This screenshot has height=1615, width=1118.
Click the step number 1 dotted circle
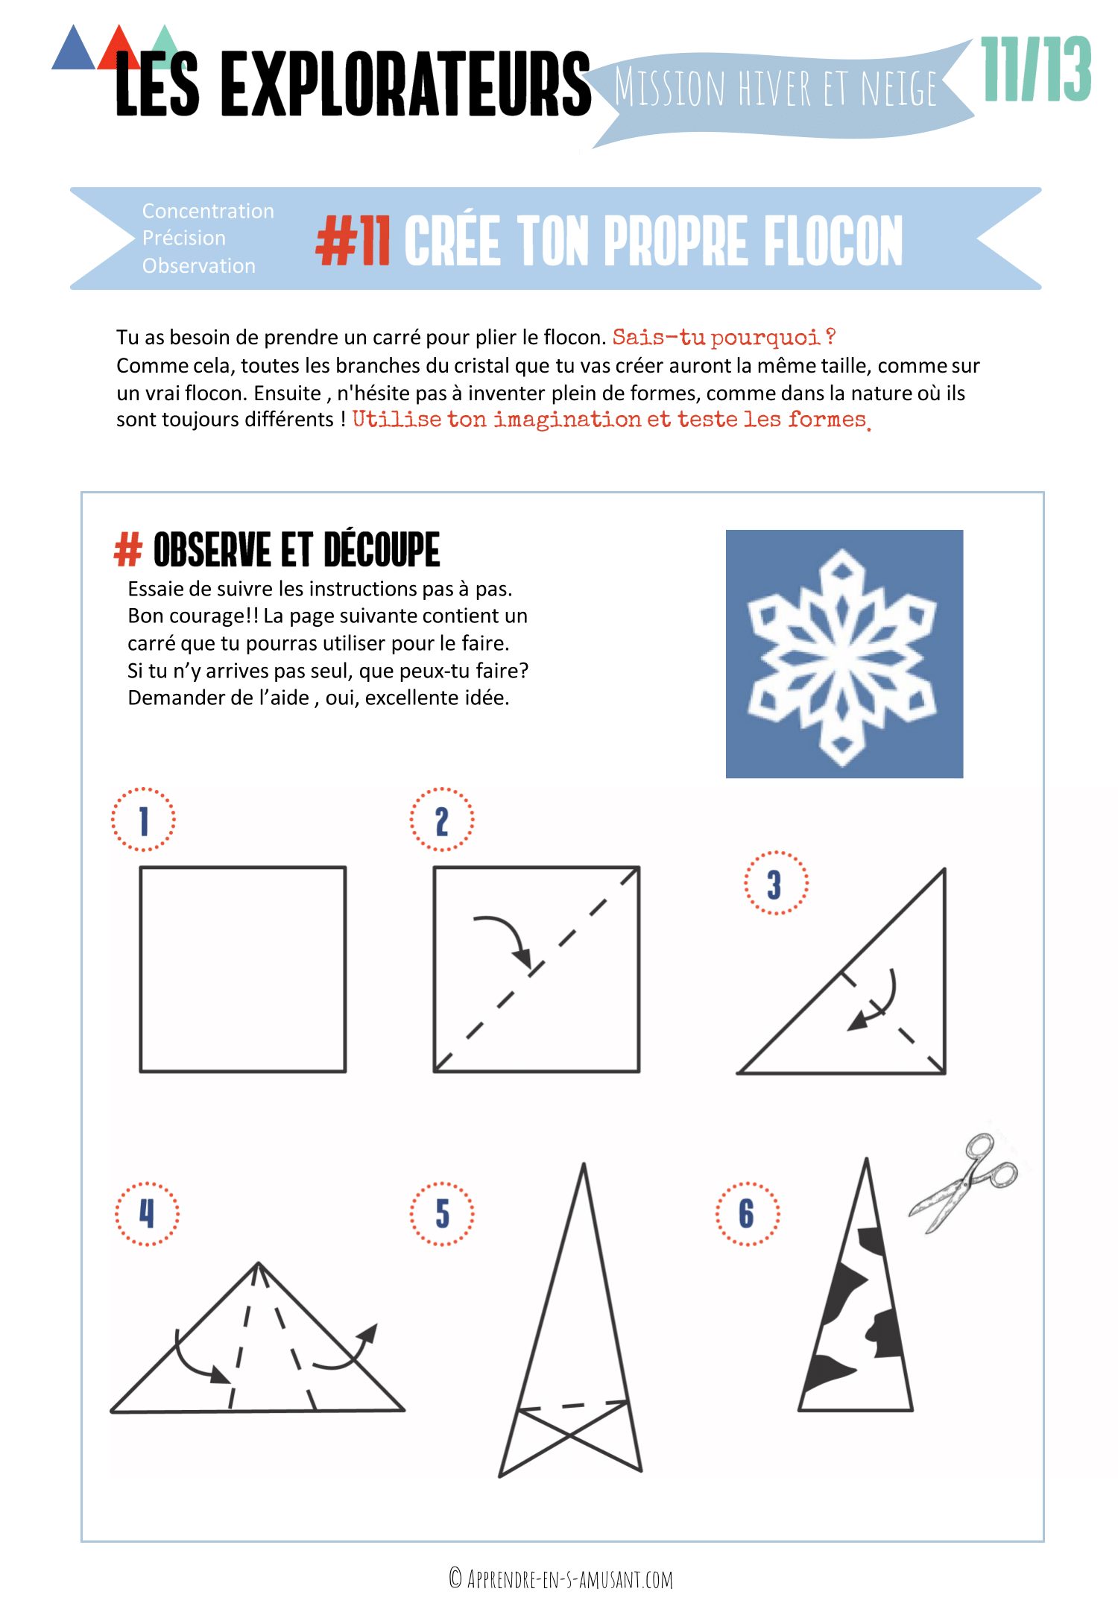coord(143,820)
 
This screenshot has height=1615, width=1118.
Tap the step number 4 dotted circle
coord(147,1213)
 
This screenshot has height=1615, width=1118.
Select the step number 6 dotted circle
coord(747,1213)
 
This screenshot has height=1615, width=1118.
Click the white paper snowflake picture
coord(844,654)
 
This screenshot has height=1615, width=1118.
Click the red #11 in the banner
coord(353,241)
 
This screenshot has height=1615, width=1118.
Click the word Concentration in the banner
coord(208,211)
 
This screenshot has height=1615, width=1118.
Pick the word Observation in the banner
coord(198,266)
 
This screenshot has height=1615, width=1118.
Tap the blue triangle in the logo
coord(73,49)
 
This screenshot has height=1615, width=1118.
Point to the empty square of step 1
coord(243,969)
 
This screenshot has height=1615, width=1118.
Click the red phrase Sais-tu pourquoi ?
coord(723,338)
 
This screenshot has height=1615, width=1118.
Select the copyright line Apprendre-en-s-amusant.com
coord(560,1578)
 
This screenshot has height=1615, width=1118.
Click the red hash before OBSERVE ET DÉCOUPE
coord(127,550)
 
